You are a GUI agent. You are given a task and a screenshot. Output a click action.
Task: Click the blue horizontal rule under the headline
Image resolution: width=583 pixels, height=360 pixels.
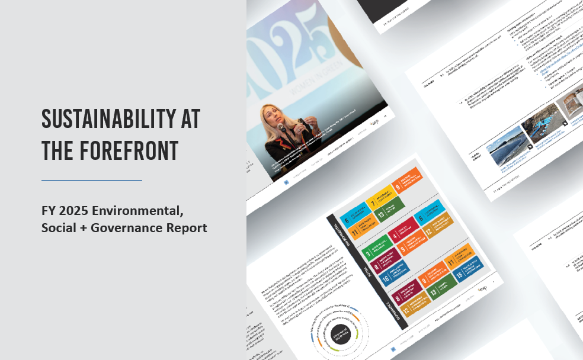[92, 180]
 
